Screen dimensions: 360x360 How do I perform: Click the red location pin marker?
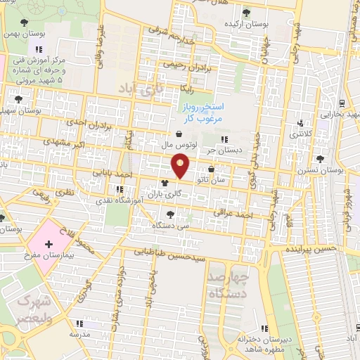(181, 166)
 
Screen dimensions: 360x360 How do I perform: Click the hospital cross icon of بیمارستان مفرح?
(48, 244)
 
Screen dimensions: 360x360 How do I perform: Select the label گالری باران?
(164, 193)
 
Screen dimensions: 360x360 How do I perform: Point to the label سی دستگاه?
(169, 226)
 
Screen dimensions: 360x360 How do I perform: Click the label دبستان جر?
(224, 150)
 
